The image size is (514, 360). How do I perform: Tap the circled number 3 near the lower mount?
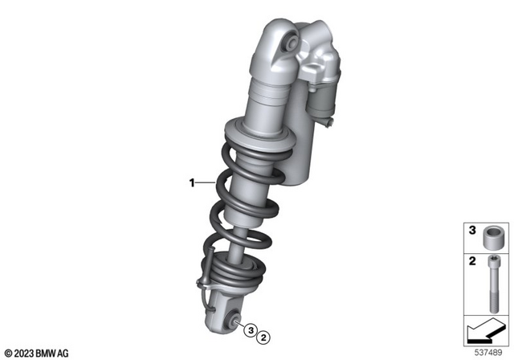[x=251, y=330]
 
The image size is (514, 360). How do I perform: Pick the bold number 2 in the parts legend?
[x=472, y=262]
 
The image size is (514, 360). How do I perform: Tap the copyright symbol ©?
[x=7, y=351]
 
